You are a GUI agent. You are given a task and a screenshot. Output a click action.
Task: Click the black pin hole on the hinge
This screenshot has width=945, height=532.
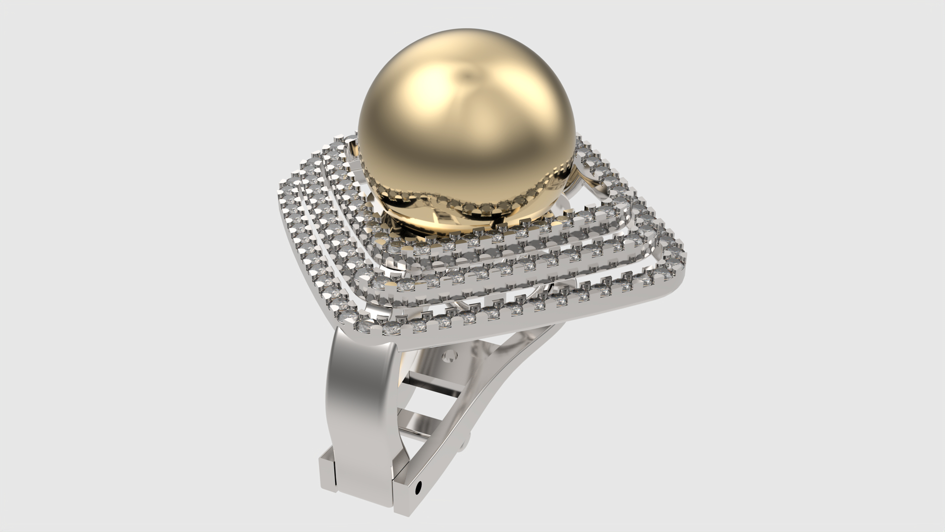tap(419, 488)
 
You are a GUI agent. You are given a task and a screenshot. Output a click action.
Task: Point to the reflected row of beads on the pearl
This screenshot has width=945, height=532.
tap(468, 202)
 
